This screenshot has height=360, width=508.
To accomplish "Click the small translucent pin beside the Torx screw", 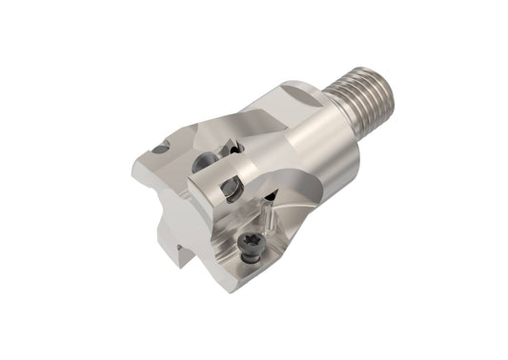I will coord(271,220).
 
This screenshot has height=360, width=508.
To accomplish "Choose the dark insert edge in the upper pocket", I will coord(232,148).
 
